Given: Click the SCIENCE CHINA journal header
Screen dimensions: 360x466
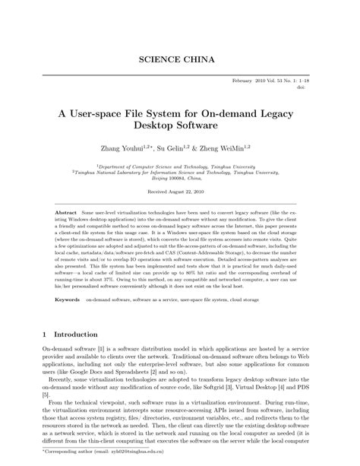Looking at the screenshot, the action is [x=180, y=59].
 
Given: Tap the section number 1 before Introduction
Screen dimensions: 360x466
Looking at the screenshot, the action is [x=45, y=334].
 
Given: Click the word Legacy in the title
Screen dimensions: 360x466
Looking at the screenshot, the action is [x=279, y=109].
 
